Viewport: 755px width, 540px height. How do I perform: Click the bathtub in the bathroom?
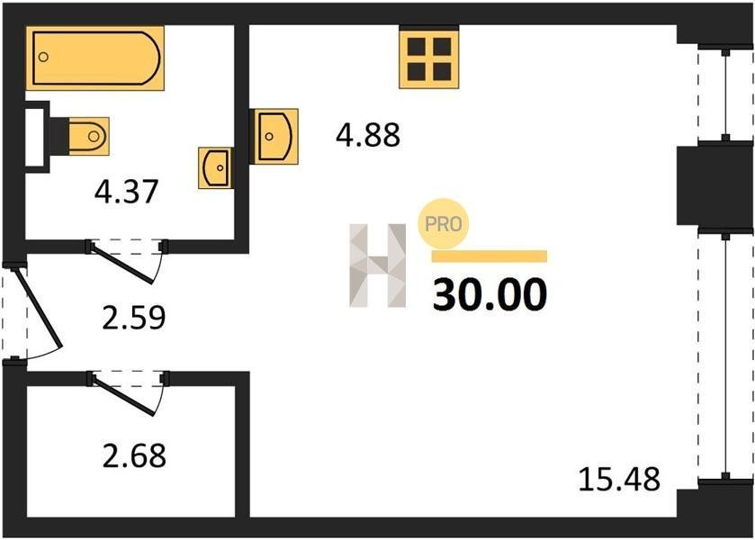point(94,58)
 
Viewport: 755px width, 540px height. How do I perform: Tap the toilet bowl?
point(89,136)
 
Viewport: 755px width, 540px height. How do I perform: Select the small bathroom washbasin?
point(215,167)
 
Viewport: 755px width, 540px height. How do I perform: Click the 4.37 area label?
point(126,191)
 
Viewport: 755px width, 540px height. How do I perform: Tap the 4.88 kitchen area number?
point(368,135)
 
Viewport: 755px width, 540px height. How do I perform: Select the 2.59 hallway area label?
point(134,317)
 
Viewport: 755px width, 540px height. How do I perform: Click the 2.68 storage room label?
point(134,455)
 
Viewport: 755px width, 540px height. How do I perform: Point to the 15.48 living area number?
point(619,480)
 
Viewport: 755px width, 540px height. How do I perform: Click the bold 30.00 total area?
point(490,294)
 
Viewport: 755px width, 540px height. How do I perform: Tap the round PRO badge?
point(444,223)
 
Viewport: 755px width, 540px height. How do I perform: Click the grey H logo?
point(378,265)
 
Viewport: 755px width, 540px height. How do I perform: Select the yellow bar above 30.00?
point(490,256)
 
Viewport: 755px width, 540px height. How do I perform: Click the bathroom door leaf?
point(122,264)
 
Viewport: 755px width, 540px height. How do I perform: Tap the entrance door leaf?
point(38,307)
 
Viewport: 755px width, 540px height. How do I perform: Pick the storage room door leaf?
point(123,396)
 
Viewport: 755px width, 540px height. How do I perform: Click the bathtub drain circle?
point(43,57)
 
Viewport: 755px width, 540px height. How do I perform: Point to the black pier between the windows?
point(715,185)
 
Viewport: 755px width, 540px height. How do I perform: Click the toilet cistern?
point(58,136)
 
